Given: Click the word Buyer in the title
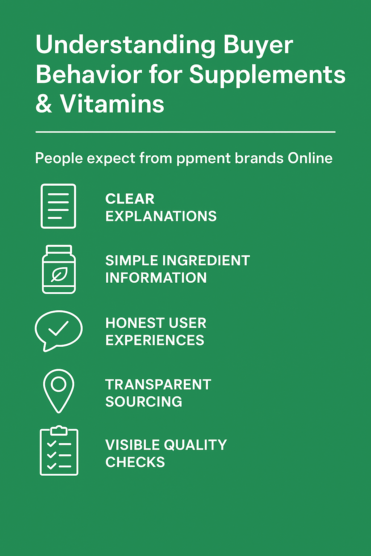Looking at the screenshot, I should [x=258, y=46].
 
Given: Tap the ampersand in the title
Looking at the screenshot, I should [x=44, y=104].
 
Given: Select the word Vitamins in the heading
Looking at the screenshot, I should [x=112, y=104].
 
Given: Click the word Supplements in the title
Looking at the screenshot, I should [x=267, y=75].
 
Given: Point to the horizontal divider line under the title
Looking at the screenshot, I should [x=185, y=132].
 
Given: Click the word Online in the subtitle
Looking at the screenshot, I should [x=310, y=158].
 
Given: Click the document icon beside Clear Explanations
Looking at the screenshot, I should [x=58, y=206].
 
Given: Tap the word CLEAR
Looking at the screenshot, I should [x=130, y=199].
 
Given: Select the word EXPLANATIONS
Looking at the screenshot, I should [x=161, y=216].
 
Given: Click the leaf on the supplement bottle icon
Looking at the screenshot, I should [x=59, y=275].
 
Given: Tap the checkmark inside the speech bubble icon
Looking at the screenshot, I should [x=58, y=329].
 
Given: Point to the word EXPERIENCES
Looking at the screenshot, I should [x=155, y=340].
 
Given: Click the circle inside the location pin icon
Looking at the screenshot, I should [x=59, y=384].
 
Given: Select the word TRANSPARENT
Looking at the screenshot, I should [x=158, y=384].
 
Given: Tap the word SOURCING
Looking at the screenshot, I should [x=143, y=402].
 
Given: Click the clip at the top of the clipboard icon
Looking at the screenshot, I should [x=59, y=430].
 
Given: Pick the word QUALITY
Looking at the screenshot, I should [x=196, y=445].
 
